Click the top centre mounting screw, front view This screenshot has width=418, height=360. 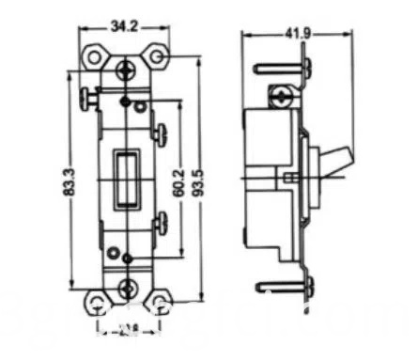126,68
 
